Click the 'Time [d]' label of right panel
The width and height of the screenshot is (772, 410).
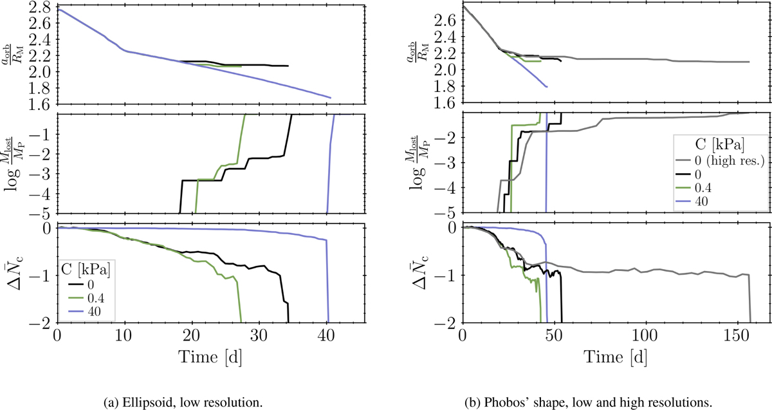[x=616, y=355]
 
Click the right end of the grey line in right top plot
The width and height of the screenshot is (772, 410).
[x=749, y=62]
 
